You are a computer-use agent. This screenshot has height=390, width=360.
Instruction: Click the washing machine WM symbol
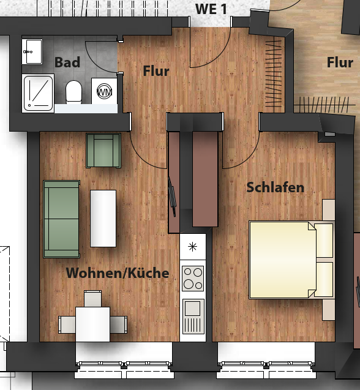[104, 92]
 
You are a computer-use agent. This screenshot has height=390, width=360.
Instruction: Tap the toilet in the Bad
[74, 92]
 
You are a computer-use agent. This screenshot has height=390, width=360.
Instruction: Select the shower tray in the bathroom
[38, 93]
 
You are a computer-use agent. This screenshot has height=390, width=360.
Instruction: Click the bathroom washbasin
[32, 51]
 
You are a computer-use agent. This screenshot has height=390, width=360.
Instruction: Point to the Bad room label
[67, 62]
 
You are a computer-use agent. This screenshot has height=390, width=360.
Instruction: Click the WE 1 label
[211, 9]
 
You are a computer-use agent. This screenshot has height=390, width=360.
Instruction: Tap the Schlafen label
[275, 187]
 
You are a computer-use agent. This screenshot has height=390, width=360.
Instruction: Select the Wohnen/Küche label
[118, 272]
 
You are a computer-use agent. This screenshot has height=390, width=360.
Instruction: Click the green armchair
[103, 151]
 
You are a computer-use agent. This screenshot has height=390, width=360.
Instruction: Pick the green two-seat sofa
[61, 219]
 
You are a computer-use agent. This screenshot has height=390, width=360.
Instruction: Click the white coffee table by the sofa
[103, 219]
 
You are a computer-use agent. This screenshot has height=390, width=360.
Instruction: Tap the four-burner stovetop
[193, 279]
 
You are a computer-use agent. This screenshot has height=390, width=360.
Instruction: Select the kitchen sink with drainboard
[193, 317]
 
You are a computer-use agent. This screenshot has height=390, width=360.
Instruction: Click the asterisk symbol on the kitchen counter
[193, 247]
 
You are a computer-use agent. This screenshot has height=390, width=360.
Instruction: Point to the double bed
[291, 260]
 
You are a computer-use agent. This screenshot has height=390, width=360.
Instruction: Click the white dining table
[93, 324]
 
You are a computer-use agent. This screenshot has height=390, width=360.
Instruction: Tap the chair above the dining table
[93, 299]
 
